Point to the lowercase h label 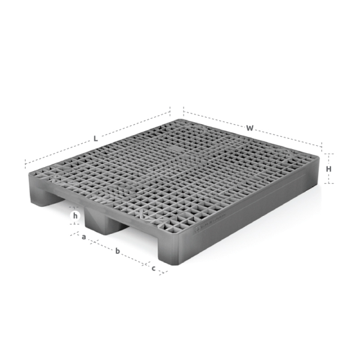click(75, 215)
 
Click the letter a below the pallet click(84, 238)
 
